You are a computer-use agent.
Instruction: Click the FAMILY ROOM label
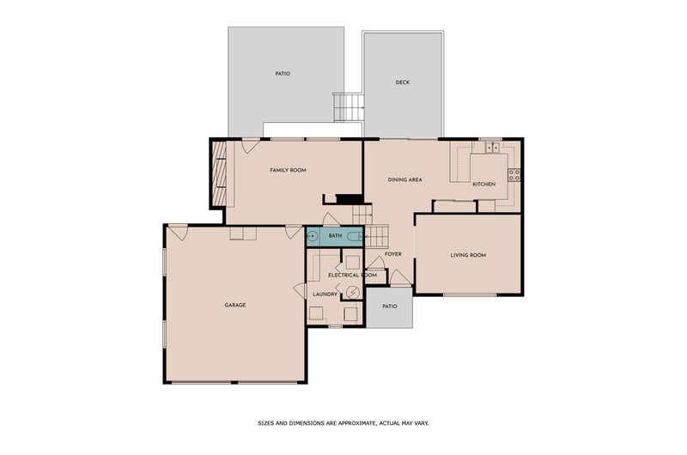tap(288, 170)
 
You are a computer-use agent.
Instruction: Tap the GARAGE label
tap(235, 305)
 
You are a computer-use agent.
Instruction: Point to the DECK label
tap(403, 82)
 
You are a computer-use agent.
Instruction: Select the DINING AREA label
tap(404, 179)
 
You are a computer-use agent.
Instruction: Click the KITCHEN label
tap(483, 184)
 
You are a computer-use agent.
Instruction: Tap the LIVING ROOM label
tap(468, 255)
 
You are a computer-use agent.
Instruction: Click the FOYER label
tap(393, 253)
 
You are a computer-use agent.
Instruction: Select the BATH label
tap(335, 235)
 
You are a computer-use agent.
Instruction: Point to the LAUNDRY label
tap(325, 294)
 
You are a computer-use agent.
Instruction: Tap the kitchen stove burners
tap(514, 175)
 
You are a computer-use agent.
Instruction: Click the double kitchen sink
tap(492, 148)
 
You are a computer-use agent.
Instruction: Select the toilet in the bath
tap(354, 237)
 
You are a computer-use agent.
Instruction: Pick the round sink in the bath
tap(312, 236)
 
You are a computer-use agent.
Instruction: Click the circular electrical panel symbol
tap(352, 292)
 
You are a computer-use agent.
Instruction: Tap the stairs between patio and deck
tap(349, 107)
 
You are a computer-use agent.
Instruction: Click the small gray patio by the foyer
tap(390, 307)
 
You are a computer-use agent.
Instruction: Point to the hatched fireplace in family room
tap(219, 173)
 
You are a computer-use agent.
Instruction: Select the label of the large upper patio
tap(283, 74)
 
